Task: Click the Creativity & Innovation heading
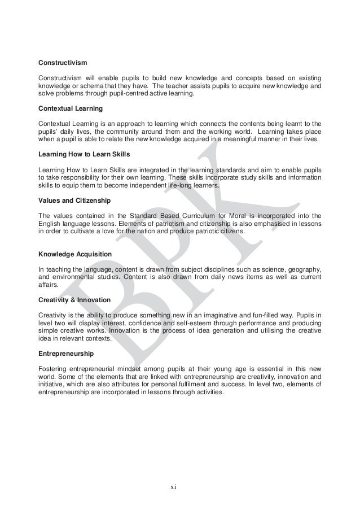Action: point(74,299)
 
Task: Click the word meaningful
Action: point(232,139)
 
